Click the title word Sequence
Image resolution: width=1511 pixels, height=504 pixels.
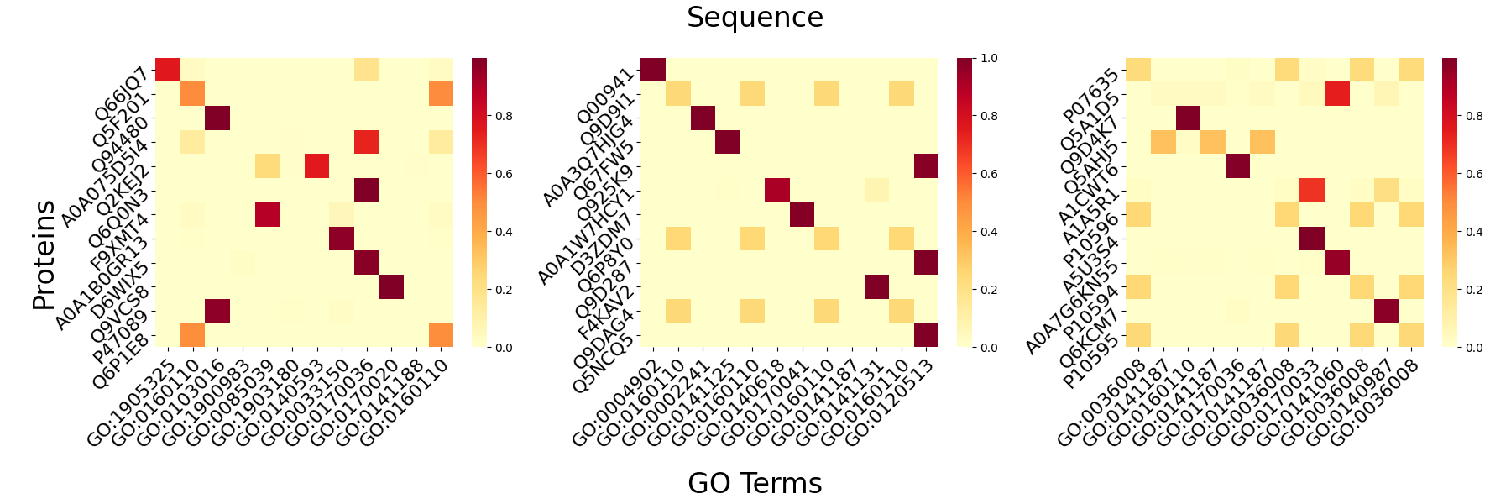[x=755, y=18]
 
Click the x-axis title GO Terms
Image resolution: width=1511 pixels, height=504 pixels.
[x=755, y=483]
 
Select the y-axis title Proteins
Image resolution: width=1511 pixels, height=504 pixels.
[x=44, y=255]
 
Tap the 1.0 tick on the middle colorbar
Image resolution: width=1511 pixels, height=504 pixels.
[x=989, y=58]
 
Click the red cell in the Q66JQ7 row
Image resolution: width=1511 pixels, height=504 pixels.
[x=168, y=70]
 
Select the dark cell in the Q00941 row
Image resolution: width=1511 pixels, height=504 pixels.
[x=652, y=70]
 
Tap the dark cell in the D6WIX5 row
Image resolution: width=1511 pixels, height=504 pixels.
[x=391, y=286]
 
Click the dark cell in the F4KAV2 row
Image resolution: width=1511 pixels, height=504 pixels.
[x=876, y=286]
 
